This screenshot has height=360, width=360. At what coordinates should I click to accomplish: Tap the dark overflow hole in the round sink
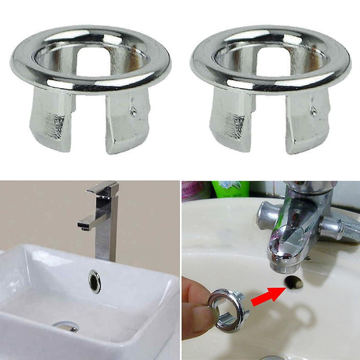pos(294,283)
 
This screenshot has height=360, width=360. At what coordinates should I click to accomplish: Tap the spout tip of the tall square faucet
pos(84,227)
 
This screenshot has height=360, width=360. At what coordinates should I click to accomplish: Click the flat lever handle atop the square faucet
pos(103,188)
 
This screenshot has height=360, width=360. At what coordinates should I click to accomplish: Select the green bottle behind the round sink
pos(230,189)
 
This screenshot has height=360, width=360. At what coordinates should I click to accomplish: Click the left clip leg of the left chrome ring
pos(49,119)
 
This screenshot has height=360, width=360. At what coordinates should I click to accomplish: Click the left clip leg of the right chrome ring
pos(229,119)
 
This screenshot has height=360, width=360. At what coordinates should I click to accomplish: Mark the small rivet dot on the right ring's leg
pos(314,112)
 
